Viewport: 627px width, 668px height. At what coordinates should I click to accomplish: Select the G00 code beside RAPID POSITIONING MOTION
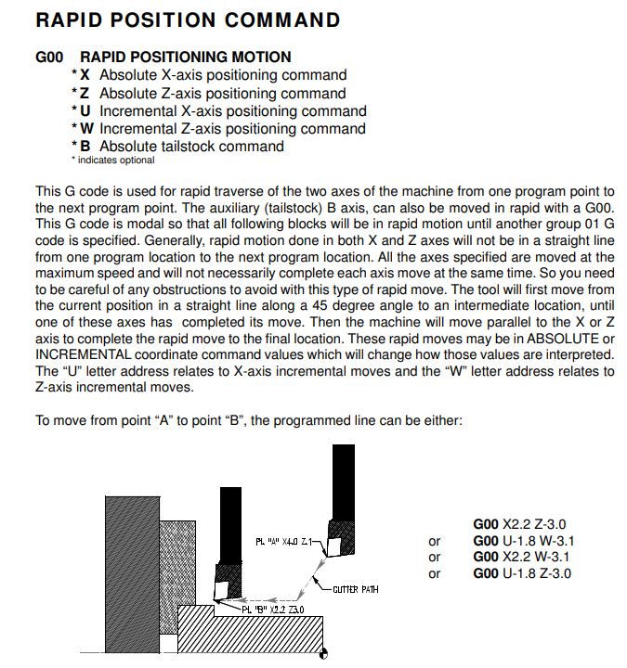coord(49,57)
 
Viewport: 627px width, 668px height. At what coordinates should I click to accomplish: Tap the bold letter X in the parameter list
coord(85,75)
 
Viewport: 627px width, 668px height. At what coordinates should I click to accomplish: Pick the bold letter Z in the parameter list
coord(85,93)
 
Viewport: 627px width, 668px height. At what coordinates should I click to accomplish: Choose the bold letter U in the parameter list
coord(85,110)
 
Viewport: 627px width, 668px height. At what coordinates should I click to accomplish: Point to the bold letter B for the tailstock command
coord(85,146)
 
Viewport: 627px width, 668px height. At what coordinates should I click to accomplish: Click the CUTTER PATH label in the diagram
coord(354,589)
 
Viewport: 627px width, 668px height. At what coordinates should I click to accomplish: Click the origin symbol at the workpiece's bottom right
coord(322,654)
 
